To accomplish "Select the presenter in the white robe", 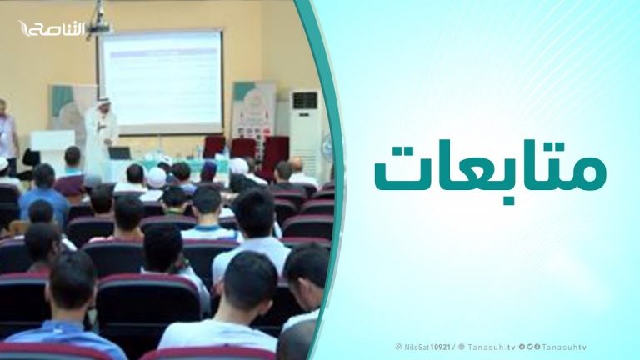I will click(100, 133).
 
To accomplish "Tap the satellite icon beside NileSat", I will click(398, 347).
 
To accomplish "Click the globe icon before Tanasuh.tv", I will click(462, 347).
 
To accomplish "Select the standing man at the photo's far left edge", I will click(7, 133).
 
